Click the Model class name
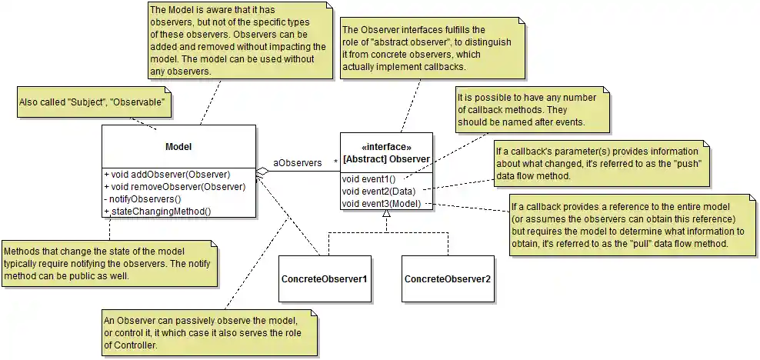tap(178, 147)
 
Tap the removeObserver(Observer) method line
tap(175, 187)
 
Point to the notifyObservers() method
tap(145, 199)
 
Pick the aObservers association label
tap(298, 163)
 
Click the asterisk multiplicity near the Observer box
tap(335, 162)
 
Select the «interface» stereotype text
tap(386, 147)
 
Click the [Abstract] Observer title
tap(386, 159)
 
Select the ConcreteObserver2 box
tap(447, 278)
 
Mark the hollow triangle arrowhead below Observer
tap(386, 217)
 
